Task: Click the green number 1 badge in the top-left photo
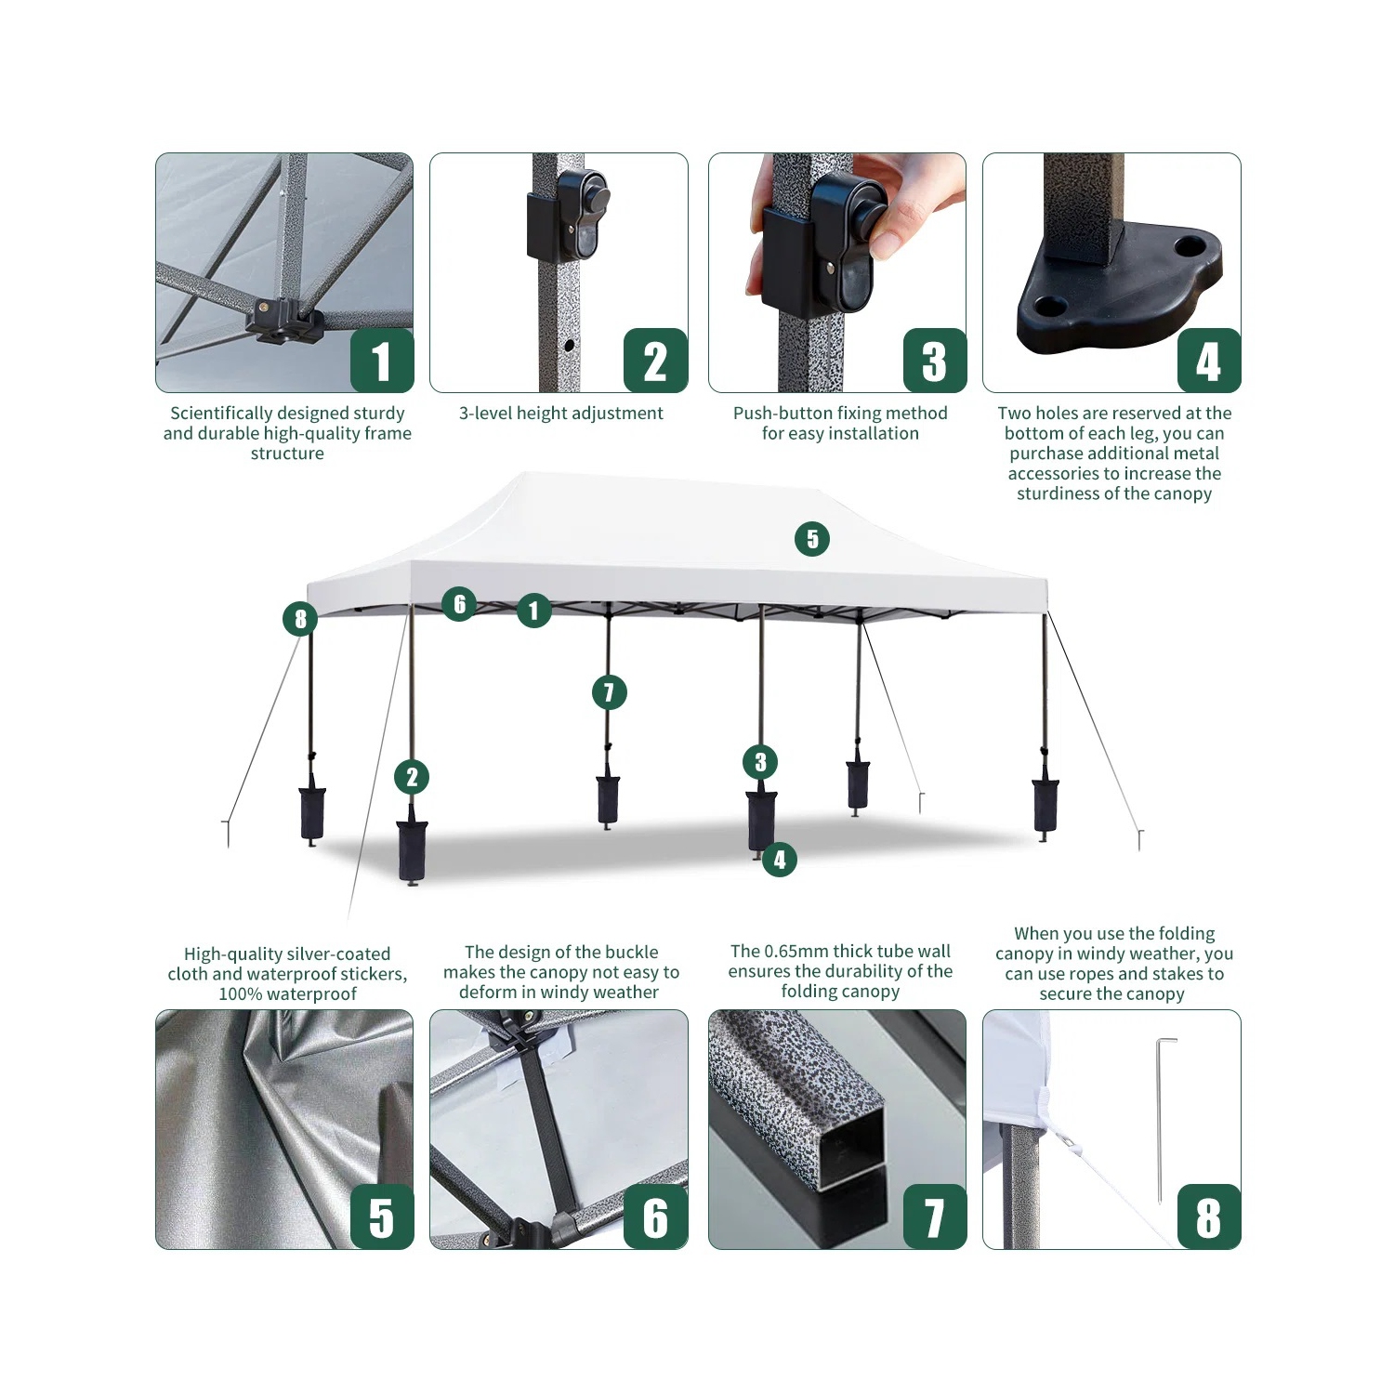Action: tap(381, 361)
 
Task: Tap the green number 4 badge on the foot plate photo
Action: tap(1208, 361)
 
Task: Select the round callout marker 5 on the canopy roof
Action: tap(812, 539)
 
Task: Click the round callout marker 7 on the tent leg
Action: tap(609, 692)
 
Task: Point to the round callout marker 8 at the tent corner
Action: tap(300, 619)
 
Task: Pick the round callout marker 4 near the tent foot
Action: tap(779, 861)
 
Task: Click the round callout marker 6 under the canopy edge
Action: tap(459, 604)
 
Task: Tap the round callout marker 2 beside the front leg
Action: tap(412, 778)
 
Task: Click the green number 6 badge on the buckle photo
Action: tap(655, 1217)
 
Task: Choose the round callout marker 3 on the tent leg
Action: tap(760, 763)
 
